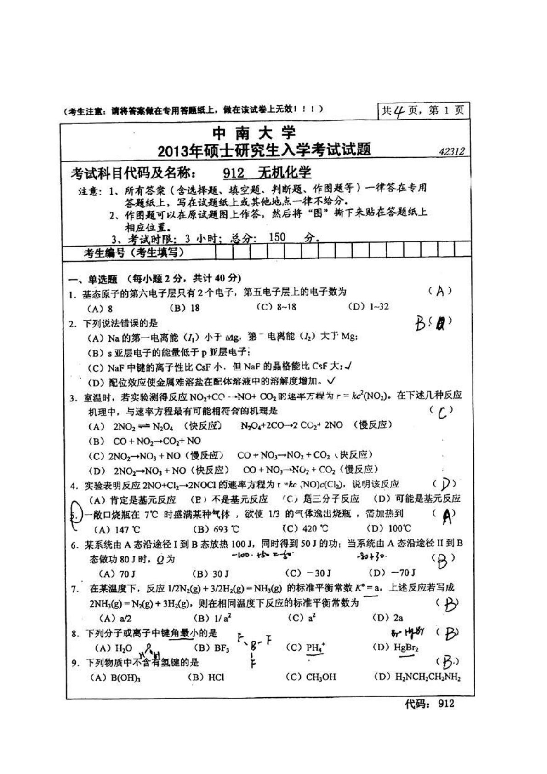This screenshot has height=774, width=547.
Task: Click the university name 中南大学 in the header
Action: (254, 134)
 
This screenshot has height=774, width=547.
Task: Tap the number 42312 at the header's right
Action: (452, 151)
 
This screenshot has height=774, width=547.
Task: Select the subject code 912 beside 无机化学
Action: (233, 173)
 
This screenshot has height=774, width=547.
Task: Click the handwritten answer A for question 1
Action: (440, 291)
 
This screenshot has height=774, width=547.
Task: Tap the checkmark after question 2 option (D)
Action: (331, 381)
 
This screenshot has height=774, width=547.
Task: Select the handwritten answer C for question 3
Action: (442, 413)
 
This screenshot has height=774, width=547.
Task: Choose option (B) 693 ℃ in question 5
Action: (216, 529)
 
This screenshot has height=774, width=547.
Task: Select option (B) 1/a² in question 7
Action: (212, 618)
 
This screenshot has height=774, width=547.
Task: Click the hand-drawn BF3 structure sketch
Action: (254, 648)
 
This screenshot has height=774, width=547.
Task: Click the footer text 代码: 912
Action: (429, 703)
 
